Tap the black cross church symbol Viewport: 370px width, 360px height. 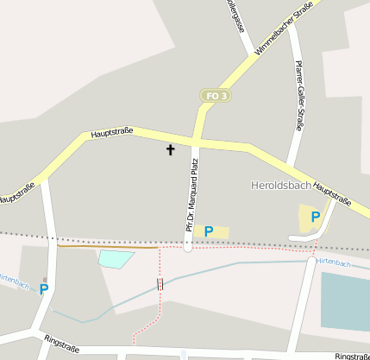coord(170,150)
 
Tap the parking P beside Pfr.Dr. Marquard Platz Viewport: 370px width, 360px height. coord(209,231)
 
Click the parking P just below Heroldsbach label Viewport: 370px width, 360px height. coord(316,218)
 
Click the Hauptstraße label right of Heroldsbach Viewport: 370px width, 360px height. coord(333,195)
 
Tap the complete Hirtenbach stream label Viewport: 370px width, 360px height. coord(333,262)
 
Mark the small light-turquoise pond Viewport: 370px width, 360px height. coord(116,257)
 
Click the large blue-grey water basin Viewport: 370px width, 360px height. coord(345,300)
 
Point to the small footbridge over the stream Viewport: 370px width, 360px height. coord(160,284)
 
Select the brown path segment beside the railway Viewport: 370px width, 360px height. coord(103,247)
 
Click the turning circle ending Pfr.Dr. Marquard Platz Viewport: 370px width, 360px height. coord(188,248)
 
